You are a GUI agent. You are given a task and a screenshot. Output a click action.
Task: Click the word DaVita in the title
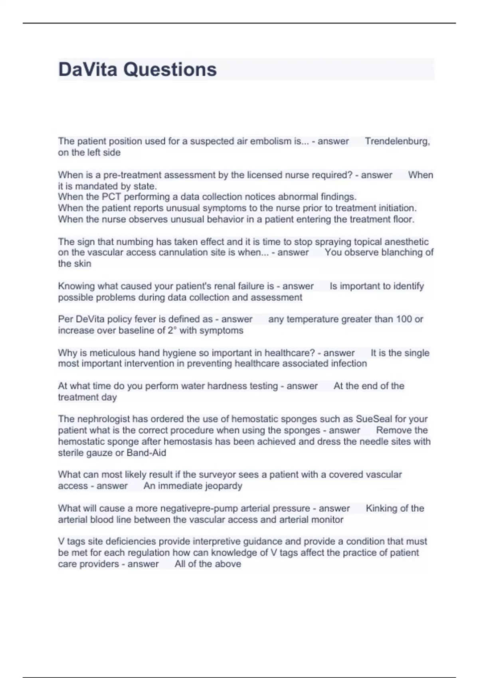[88, 69]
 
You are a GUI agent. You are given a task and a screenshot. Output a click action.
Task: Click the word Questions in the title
[170, 69]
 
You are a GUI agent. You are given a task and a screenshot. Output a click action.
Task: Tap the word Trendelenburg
[397, 141]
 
